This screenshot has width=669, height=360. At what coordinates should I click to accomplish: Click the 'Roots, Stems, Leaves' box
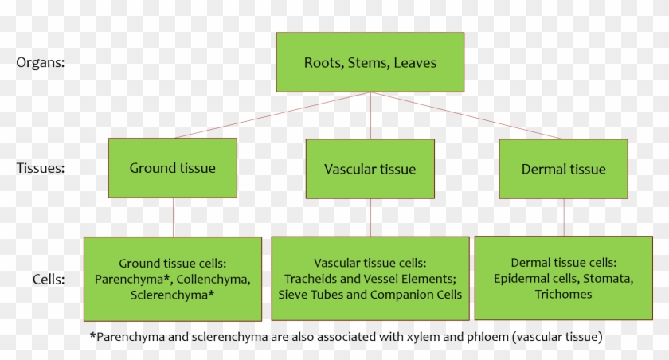point(370,62)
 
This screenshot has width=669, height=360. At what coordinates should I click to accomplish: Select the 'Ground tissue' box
point(172,168)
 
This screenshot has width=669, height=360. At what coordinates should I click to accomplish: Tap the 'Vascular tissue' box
point(370,169)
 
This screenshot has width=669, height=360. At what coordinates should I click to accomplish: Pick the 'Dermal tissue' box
point(563,169)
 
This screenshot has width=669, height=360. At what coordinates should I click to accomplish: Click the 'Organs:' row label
point(41,62)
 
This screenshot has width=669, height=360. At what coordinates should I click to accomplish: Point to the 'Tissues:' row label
point(42,168)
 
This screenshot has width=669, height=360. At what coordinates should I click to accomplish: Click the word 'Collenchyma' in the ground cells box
point(215,279)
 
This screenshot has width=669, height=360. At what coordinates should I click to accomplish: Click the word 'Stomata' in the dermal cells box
point(609,278)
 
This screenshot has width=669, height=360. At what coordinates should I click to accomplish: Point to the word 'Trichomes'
point(563,294)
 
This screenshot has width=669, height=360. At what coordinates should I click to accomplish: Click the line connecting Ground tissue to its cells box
point(173,217)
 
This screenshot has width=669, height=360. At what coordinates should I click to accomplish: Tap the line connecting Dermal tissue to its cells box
point(564,217)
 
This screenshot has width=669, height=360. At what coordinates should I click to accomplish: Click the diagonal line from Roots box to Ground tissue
point(271,115)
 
